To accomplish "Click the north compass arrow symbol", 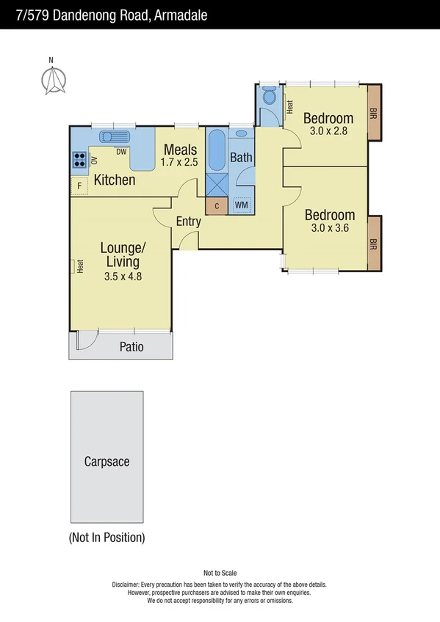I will click(x=52, y=80).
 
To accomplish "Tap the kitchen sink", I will click(x=115, y=136).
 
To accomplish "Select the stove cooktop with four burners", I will click(x=79, y=160).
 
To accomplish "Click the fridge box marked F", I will click(x=79, y=187).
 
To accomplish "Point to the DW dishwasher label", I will click(x=121, y=152).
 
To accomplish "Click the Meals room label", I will click(x=180, y=150).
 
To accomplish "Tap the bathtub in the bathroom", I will click(x=217, y=150).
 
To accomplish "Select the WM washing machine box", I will click(x=241, y=205).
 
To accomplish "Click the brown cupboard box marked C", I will click(x=215, y=206).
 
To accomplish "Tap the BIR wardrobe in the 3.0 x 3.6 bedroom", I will click(x=373, y=244).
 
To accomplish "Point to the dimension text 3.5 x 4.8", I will click(x=123, y=277).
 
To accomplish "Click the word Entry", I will click(x=188, y=222).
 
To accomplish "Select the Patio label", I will click(x=131, y=347).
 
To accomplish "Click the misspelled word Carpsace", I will click(x=107, y=461).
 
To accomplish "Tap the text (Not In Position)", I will click(x=107, y=538).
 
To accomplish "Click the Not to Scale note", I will click(x=220, y=573).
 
